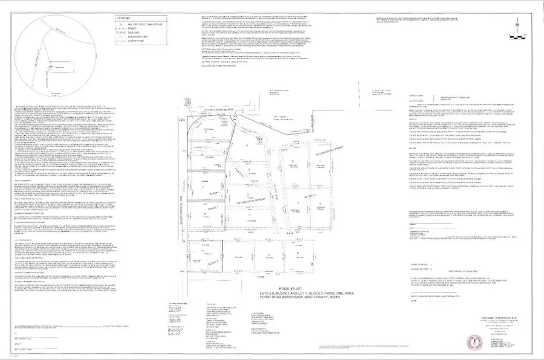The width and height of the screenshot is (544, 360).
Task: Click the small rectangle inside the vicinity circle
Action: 60,66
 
